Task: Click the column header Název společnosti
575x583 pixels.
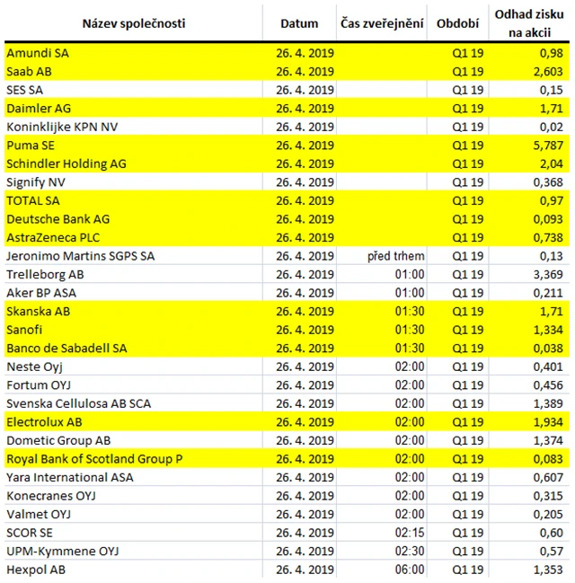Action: point(134,22)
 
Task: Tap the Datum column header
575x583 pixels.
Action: point(299,22)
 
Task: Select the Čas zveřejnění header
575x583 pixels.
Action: point(382,22)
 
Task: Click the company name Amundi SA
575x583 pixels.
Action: point(37,53)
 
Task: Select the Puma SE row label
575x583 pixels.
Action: point(33,146)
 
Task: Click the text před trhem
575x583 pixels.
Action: point(396,256)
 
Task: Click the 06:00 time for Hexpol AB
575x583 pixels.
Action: point(409,570)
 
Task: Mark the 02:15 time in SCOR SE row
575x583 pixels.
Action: point(409,533)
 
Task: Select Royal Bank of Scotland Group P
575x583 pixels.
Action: point(94,459)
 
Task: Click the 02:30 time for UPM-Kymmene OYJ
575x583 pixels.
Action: point(409,551)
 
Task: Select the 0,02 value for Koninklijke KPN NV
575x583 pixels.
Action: point(552,127)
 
